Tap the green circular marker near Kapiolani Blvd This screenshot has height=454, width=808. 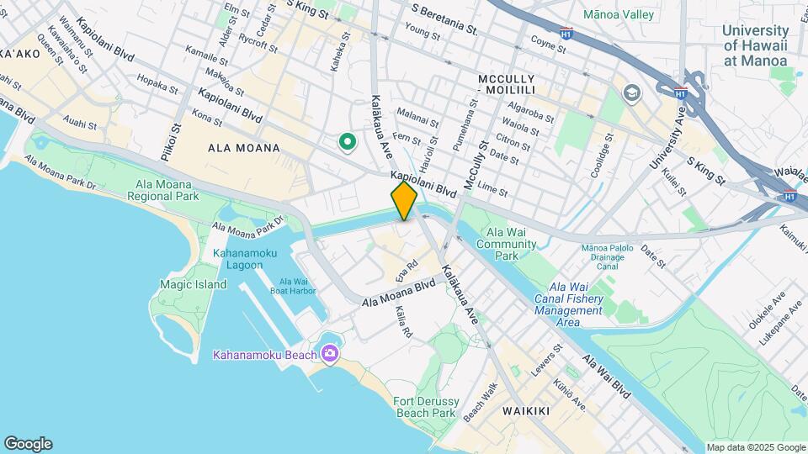[x=346, y=143]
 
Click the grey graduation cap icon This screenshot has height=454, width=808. [x=631, y=92]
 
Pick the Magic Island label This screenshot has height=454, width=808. [x=194, y=284]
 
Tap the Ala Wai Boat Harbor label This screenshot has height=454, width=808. [x=293, y=287]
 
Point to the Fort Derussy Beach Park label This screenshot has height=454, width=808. [x=425, y=407]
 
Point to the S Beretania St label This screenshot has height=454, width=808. [x=444, y=19]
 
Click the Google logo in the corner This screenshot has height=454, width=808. [x=28, y=444]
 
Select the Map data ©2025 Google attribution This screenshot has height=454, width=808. [x=756, y=447]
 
